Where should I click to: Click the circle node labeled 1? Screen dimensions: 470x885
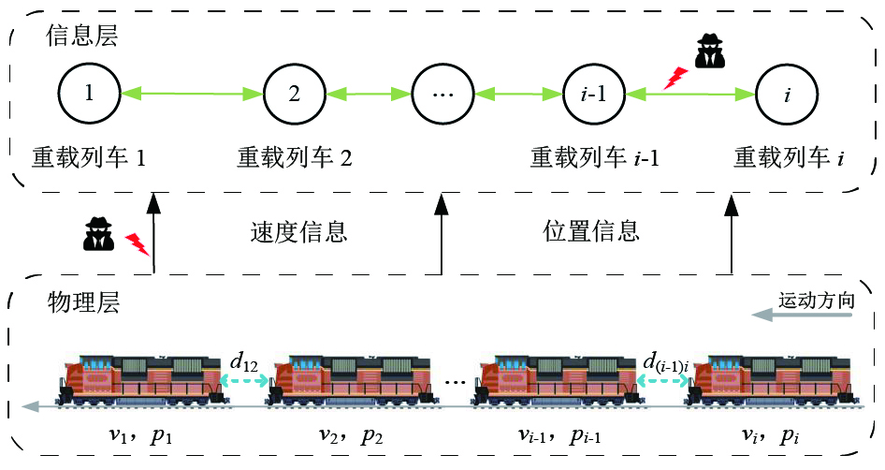(89, 94)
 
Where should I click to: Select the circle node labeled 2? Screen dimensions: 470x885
(294, 94)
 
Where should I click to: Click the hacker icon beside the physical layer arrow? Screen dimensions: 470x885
(98, 233)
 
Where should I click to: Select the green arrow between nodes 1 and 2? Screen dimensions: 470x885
(192, 93)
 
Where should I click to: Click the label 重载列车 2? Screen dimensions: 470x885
(294, 157)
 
